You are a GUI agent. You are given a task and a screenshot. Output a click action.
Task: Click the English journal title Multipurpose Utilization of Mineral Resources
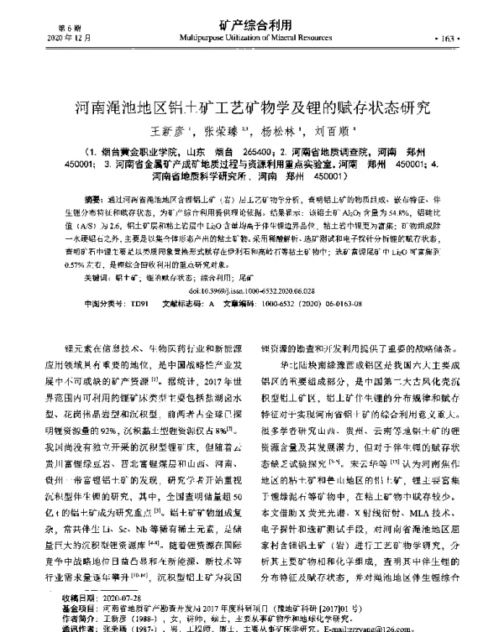(251, 39)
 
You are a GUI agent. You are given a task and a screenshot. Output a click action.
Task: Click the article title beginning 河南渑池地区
(251, 107)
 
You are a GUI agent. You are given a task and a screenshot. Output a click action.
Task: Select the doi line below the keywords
(251, 289)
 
